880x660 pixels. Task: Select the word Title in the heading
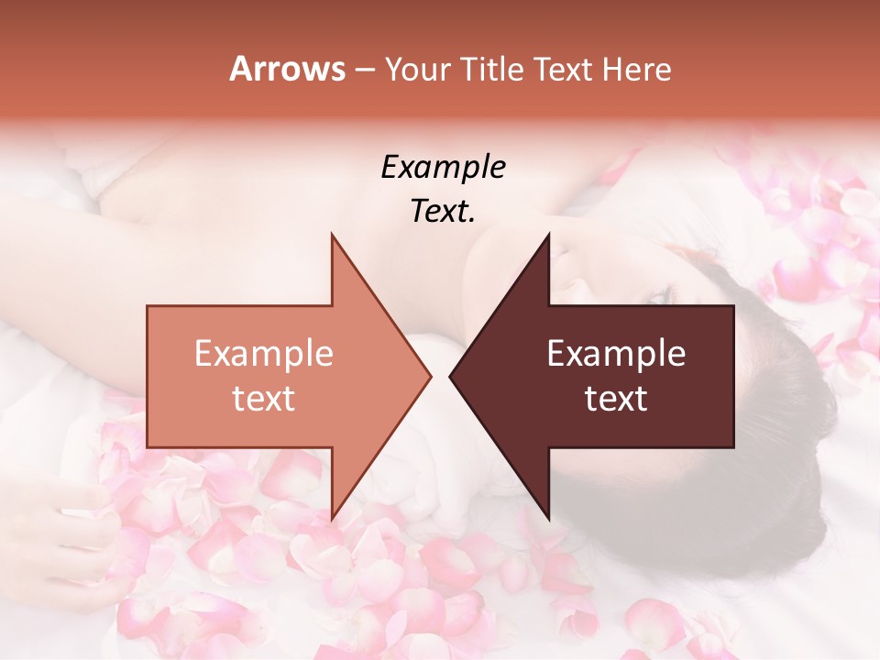[497, 69]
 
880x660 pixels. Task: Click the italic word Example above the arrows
[443, 168]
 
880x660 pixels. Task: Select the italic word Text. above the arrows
[443, 212]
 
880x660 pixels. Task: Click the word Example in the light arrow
[264, 354]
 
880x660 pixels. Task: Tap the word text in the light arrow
[264, 399]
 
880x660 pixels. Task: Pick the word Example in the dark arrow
[616, 354]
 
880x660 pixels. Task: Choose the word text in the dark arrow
[616, 399]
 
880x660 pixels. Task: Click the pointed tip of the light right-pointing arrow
[430, 376]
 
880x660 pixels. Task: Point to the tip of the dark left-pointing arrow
[450, 376]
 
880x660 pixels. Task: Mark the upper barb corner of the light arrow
[332, 235]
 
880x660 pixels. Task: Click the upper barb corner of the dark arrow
[548, 235]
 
